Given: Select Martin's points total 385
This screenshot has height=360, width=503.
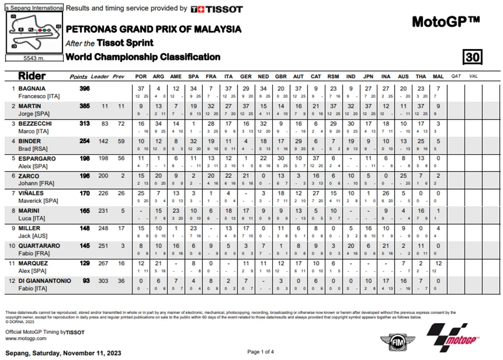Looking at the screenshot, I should click(85, 106).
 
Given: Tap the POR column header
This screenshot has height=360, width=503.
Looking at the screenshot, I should click(141, 76).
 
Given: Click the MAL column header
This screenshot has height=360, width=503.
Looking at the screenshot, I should click(438, 76).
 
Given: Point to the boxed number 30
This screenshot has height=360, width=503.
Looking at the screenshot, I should click(472, 57).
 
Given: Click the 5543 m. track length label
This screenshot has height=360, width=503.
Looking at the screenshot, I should click(34, 58).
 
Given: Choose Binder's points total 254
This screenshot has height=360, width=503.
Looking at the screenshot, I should click(85, 141).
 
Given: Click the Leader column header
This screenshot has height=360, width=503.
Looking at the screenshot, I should click(100, 76).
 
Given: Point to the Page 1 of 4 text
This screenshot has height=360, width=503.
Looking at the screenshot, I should click(260, 352).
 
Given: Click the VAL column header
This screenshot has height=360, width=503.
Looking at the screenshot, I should click(473, 76).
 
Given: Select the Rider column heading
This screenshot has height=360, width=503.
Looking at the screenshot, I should click(32, 76).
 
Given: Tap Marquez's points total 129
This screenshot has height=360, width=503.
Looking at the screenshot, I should click(85, 263).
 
